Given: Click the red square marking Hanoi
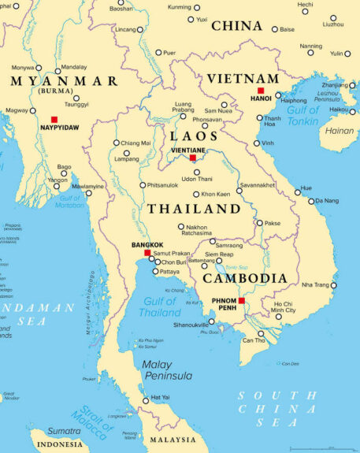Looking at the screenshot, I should [x=261, y=91].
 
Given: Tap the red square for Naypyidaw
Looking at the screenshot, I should [x=54, y=119].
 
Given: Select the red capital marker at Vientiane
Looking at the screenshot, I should [x=193, y=158].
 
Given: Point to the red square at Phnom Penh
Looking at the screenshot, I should [x=242, y=300].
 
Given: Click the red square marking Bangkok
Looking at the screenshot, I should [x=147, y=253].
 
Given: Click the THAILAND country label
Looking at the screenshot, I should [x=195, y=209].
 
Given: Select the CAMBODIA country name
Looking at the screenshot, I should [x=245, y=278].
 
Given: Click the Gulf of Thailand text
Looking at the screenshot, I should [x=161, y=306].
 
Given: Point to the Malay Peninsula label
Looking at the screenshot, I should [x=168, y=370].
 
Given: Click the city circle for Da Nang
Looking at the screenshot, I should [x=310, y=201].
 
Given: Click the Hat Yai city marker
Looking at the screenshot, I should [x=145, y=401].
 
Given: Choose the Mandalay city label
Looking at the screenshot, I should [x=74, y=67].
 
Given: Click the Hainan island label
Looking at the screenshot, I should [x=340, y=131].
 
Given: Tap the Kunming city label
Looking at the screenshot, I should [x=180, y=7].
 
